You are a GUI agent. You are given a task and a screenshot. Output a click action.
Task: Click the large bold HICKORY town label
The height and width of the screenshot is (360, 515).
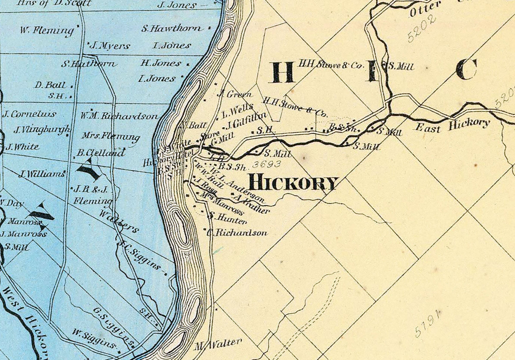pos(293,183)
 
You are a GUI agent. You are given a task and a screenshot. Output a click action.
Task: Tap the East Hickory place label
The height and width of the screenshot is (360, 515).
pos(453,125)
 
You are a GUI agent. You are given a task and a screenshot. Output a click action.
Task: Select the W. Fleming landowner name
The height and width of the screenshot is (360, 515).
pos(47,31)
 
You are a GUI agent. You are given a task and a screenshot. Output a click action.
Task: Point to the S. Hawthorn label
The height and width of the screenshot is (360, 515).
pos(171,28)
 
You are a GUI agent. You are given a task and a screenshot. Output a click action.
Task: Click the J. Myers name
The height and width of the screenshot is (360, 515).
pos(110,46)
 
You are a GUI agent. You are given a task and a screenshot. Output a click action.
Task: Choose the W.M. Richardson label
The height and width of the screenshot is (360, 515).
pos(119,116)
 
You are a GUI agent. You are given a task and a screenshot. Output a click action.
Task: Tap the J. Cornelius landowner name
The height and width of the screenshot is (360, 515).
pos(30,114)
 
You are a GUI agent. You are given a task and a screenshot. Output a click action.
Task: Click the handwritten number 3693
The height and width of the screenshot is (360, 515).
pos(267,164)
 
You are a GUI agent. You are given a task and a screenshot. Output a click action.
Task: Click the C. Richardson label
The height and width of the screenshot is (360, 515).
pos(237,233)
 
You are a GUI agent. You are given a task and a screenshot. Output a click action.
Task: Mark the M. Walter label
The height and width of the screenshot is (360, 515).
pos(219,344)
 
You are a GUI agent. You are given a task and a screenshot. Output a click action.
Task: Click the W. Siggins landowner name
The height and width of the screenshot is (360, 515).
pos(94,338)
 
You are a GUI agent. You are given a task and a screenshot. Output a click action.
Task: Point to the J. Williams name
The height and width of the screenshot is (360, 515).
pos(42,174)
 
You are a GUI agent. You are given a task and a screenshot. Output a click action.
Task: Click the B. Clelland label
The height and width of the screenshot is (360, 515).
pos(101,153)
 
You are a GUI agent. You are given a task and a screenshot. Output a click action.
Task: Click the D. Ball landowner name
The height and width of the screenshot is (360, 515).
pos(49,85)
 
